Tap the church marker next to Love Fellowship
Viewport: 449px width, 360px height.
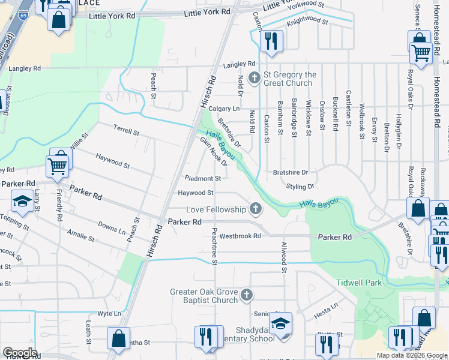[x=256, y=209]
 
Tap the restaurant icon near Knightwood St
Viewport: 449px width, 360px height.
[x=271, y=41]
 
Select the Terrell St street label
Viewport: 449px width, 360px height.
[x=127, y=130]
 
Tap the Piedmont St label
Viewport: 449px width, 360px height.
[x=203, y=178]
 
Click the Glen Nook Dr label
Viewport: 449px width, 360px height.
[x=213, y=151]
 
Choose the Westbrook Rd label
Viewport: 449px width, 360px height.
[x=240, y=236]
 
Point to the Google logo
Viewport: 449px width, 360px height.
[x=20, y=353]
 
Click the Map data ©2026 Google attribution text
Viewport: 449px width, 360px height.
[x=411, y=355]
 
